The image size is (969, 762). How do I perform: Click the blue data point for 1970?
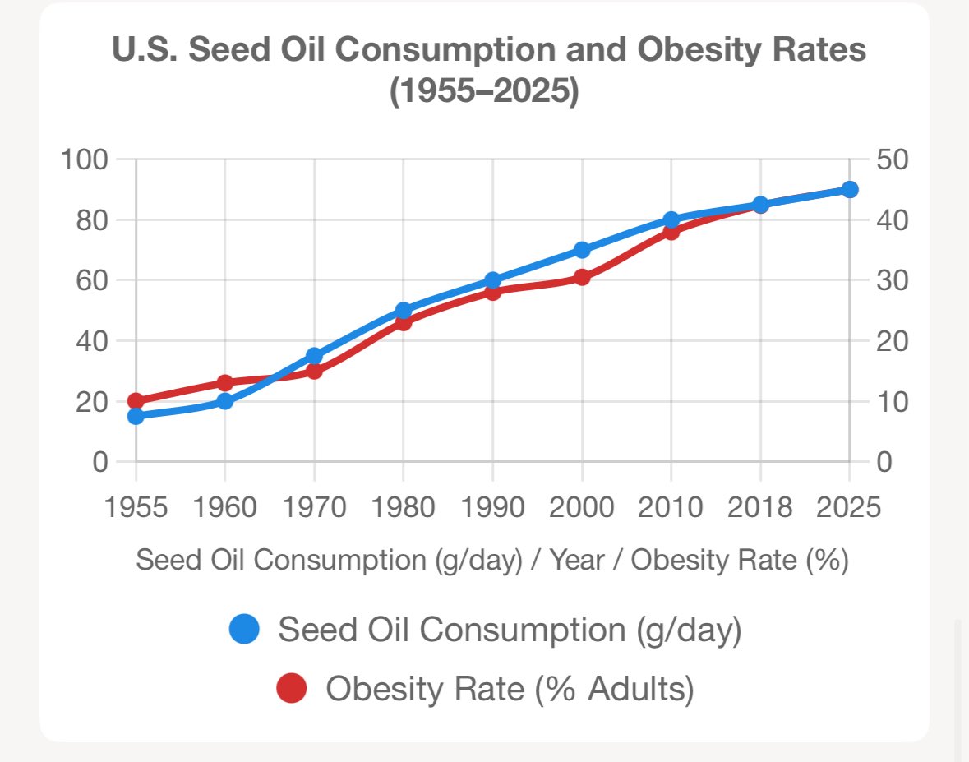click(314, 356)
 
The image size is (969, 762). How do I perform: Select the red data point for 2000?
click(582, 278)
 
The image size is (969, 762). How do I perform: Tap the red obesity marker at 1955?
click(136, 401)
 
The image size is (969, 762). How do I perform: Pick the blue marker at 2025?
click(850, 190)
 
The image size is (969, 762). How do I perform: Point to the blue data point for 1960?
click(225, 401)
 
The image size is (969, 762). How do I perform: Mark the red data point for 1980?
click(404, 323)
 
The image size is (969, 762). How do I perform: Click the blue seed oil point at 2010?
click(671, 219)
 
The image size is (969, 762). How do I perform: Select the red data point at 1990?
click(493, 293)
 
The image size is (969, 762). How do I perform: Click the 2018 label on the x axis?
click(760, 507)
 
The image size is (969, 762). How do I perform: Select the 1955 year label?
click(136, 507)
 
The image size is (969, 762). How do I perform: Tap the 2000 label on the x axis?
click(582, 507)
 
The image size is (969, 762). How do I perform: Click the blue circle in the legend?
click(244, 630)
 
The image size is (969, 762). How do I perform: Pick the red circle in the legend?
click(291, 688)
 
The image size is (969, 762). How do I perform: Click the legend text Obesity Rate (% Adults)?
click(510, 688)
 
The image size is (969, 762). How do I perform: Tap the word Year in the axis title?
click(577, 561)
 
